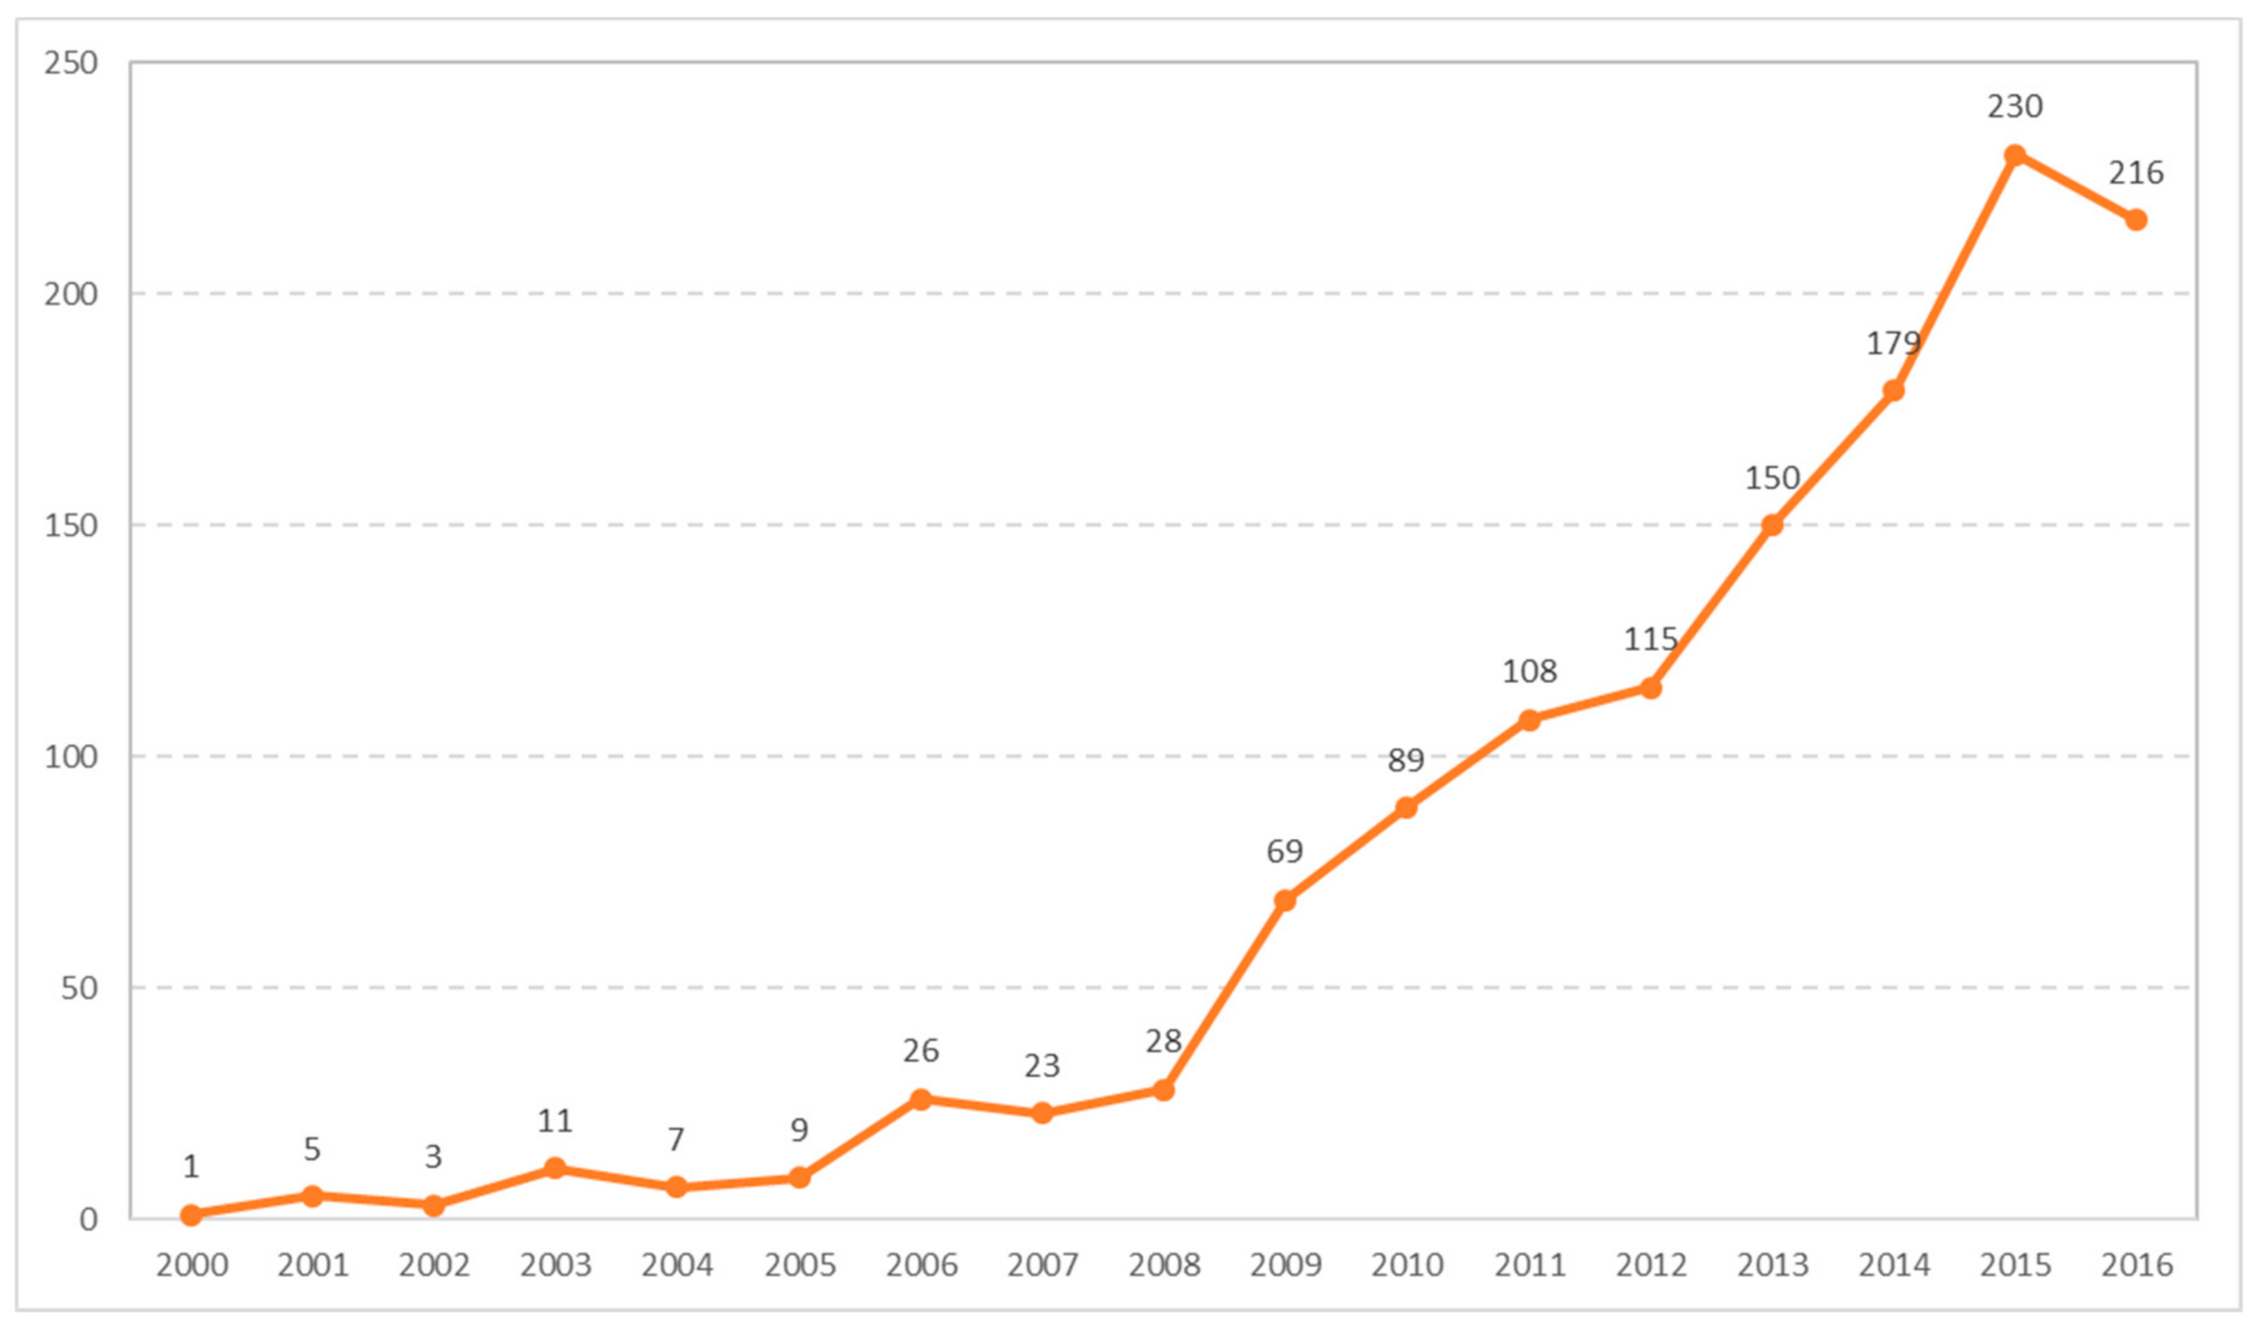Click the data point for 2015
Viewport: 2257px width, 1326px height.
(x=2014, y=156)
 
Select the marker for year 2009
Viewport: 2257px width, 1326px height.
(x=1284, y=900)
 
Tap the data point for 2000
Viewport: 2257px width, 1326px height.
(x=191, y=1215)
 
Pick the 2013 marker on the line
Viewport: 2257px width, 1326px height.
(x=1772, y=525)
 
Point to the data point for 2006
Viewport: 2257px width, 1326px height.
(x=921, y=1099)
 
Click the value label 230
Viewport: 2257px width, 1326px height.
(x=2014, y=107)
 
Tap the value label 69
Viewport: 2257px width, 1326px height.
(x=1284, y=851)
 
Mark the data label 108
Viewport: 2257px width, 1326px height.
(x=1529, y=671)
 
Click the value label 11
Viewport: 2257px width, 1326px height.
(x=554, y=1121)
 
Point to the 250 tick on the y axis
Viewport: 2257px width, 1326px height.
(x=71, y=63)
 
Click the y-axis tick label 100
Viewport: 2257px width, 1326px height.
(x=71, y=756)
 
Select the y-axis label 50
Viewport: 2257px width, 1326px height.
(x=79, y=987)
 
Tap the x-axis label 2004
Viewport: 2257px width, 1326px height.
(x=676, y=1265)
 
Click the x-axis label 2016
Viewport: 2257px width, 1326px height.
(x=2136, y=1265)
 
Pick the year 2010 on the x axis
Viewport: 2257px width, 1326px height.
(x=1406, y=1265)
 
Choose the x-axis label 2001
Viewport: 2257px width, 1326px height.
(x=312, y=1265)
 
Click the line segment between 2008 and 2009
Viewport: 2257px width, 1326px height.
(x=1223, y=995)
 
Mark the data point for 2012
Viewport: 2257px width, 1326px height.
(x=1650, y=688)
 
